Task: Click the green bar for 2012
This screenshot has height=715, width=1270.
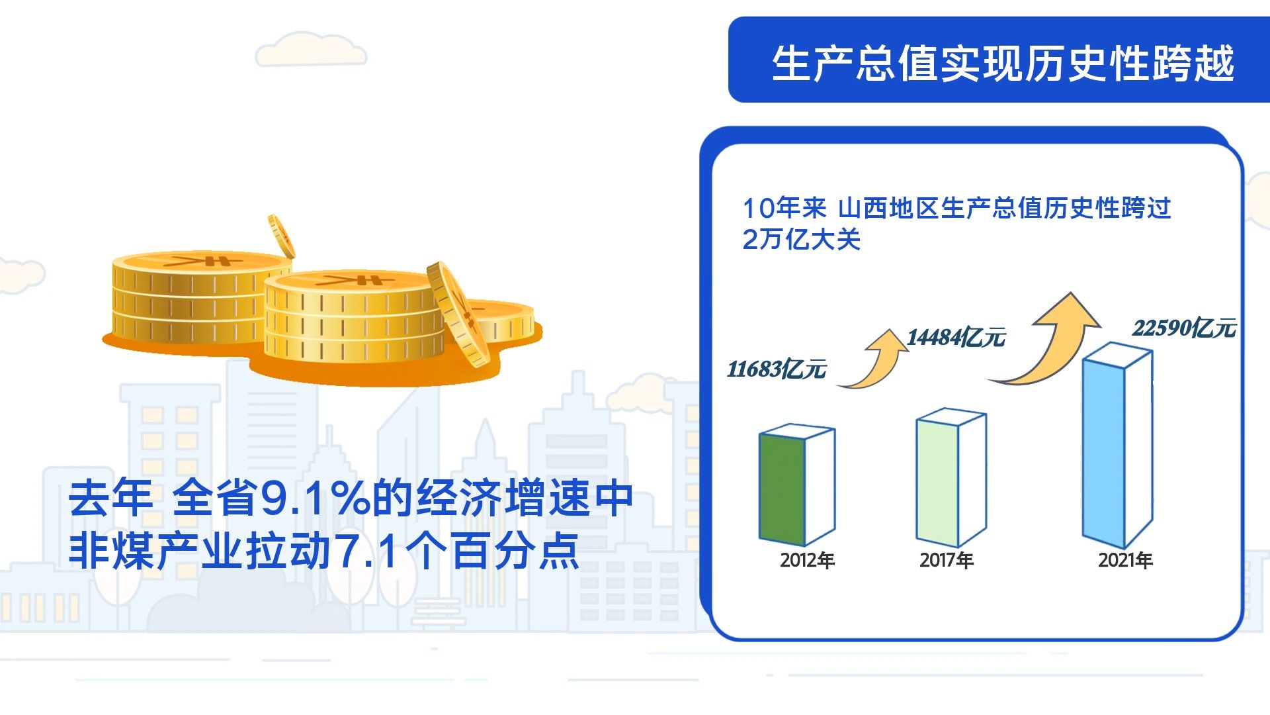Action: point(796,487)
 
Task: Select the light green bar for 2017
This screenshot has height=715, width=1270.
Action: point(951,478)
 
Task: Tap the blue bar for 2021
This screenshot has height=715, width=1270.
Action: point(1117,446)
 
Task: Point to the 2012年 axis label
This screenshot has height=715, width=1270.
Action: point(807,560)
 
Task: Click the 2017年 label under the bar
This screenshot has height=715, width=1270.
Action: point(947,560)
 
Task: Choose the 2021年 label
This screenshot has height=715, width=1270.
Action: point(1125,560)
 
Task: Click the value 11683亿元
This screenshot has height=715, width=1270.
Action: point(777,369)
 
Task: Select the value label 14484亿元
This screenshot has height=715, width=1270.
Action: point(956,337)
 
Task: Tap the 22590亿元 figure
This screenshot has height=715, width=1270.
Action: point(1184,328)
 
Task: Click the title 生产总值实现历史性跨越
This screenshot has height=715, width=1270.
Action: point(1003,64)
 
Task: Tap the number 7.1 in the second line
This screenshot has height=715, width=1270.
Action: point(366,551)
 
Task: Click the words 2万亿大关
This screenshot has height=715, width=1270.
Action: point(801,239)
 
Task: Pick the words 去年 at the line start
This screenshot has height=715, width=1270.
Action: point(111,498)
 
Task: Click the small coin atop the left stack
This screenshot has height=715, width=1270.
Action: point(282,236)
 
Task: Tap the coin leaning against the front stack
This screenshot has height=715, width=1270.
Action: point(458,314)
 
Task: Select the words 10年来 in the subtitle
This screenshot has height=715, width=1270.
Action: point(784,208)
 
